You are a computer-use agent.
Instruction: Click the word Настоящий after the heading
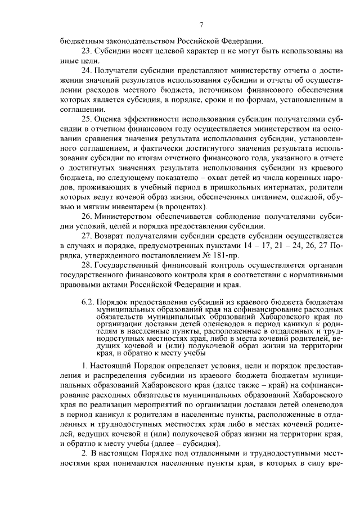pos(113,366)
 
